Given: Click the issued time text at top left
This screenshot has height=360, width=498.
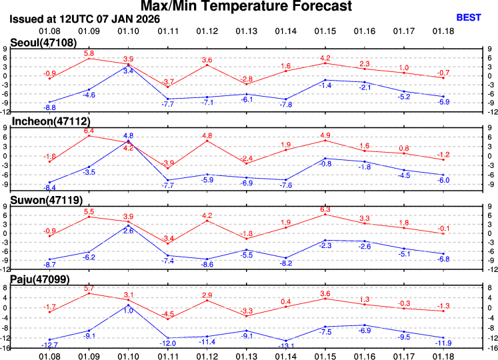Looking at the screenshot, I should (85, 19).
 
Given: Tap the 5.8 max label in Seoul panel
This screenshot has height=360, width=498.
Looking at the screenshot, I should (89, 53).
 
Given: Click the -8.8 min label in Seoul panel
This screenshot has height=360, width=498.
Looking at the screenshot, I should (49, 107).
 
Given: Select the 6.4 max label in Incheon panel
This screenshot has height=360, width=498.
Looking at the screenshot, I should (89, 131).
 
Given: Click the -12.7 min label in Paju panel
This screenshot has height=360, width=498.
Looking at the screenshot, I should (49, 345).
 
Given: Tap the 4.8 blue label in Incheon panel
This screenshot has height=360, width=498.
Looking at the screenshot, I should (129, 136).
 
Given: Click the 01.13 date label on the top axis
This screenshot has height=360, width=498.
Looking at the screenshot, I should (247, 31).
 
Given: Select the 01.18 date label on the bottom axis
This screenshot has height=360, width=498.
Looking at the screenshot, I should (444, 355).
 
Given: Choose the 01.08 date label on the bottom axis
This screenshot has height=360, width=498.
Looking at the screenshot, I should (49, 355).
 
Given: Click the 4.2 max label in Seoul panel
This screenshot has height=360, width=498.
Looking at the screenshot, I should (325, 58).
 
